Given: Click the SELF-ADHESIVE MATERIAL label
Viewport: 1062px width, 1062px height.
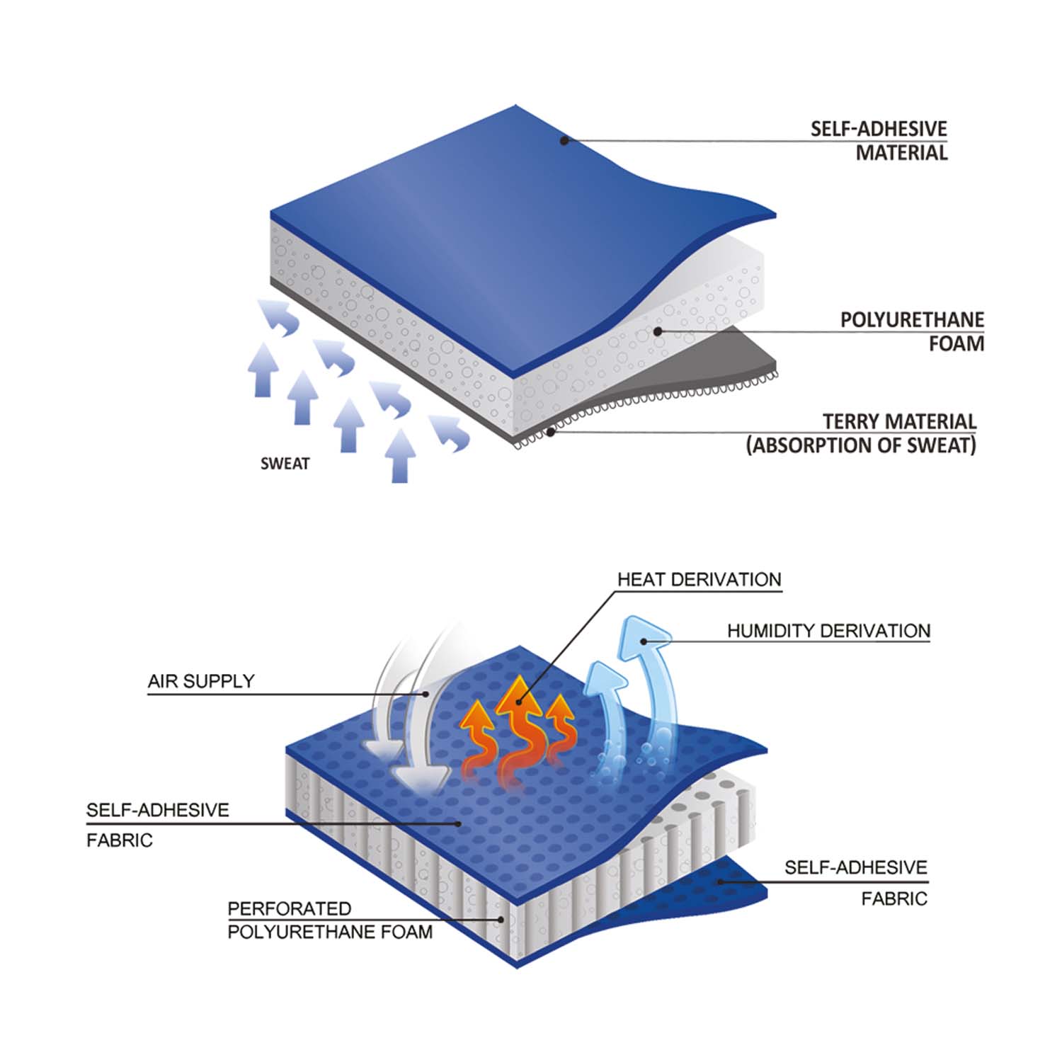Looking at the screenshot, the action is (879, 140).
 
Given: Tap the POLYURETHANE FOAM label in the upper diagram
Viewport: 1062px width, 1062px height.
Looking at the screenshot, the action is (912, 331).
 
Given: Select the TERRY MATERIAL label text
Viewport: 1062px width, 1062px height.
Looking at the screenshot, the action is (899, 422).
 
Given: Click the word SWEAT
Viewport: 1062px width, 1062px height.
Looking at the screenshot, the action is (285, 464).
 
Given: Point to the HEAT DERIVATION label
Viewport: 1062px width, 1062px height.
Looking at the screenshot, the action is (700, 579).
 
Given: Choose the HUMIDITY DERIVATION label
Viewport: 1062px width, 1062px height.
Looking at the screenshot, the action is (828, 631).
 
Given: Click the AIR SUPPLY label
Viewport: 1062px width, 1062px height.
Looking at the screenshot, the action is (201, 681).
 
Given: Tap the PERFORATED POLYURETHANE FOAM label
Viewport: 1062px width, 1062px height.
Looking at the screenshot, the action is (330, 920).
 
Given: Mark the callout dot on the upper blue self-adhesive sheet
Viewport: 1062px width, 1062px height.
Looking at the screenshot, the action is (564, 141).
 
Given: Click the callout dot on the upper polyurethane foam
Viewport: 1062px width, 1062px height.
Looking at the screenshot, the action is (658, 331).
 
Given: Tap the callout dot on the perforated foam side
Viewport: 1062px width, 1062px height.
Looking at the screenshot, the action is (502, 920).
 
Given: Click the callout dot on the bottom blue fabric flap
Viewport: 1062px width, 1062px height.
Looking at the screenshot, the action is (720, 881).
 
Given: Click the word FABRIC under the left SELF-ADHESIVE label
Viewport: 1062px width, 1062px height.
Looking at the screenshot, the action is (120, 840).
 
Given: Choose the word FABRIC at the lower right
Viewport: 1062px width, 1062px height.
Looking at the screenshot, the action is (894, 898).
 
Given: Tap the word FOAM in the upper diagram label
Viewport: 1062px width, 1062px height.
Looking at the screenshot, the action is (957, 343).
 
